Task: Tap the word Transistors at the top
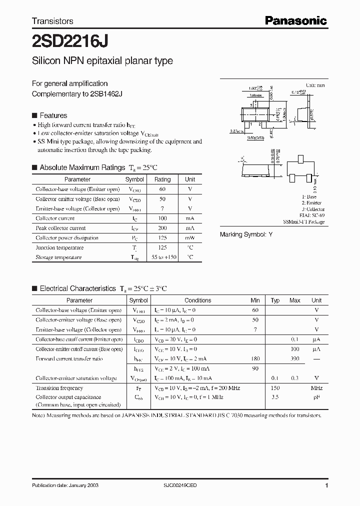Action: click(52, 21)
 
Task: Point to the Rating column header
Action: click(162, 179)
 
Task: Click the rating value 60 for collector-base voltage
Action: click(162, 189)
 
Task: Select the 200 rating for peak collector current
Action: click(162, 228)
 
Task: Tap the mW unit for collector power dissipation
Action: click(190, 238)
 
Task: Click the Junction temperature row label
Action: click(55, 247)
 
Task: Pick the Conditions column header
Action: click(197, 300)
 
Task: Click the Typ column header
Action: click(275, 300)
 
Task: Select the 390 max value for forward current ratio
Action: click(295, 359)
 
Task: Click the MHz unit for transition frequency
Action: click(316, 388)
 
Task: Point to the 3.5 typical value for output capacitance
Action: click(275, 397)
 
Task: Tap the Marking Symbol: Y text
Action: click(246, 234)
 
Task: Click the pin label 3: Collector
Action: click(313, 209)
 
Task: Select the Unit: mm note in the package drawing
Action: click(315, 85)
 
